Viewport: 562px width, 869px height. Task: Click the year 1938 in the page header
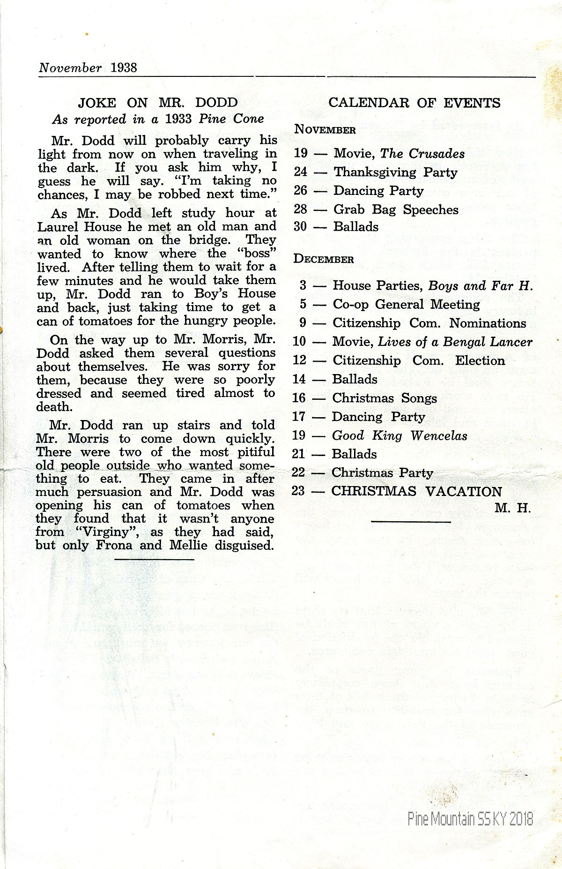tap(124, 67)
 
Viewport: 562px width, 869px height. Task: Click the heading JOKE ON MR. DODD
tap(157, 103)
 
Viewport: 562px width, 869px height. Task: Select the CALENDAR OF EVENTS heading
tap(414, 103)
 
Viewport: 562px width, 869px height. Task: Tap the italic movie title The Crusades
tap(422, 154)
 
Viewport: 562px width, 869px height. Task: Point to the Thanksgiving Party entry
tap(395, 172)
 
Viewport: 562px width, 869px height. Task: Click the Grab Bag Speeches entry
tap(396, 210)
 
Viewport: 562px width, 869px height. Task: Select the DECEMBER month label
tap(324, 259)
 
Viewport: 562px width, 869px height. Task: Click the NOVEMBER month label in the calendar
tap(325, 130)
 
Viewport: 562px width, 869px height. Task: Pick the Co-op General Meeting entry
tap(406, 305)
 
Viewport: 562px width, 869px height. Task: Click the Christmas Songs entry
tap(385, 398)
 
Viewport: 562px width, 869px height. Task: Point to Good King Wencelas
tap(399, 436)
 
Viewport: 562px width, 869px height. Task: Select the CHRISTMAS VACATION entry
tap(416, 492)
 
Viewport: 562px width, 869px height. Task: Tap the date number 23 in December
tap(299, 491)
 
